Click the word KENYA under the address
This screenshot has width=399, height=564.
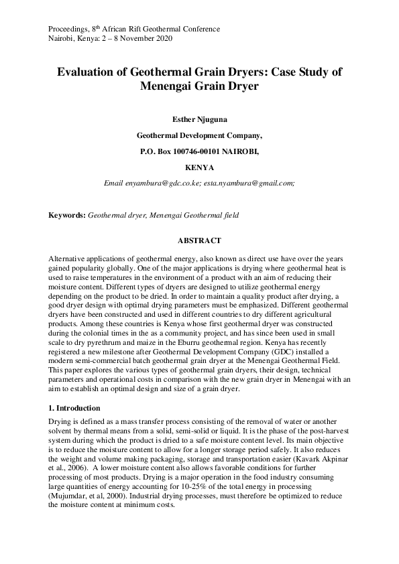(199, 167)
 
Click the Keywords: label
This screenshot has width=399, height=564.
(67, 216)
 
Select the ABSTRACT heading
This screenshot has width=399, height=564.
(199, 240)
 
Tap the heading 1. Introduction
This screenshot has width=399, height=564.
(74, 408)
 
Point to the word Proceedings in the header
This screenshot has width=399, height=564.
(69, 29)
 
